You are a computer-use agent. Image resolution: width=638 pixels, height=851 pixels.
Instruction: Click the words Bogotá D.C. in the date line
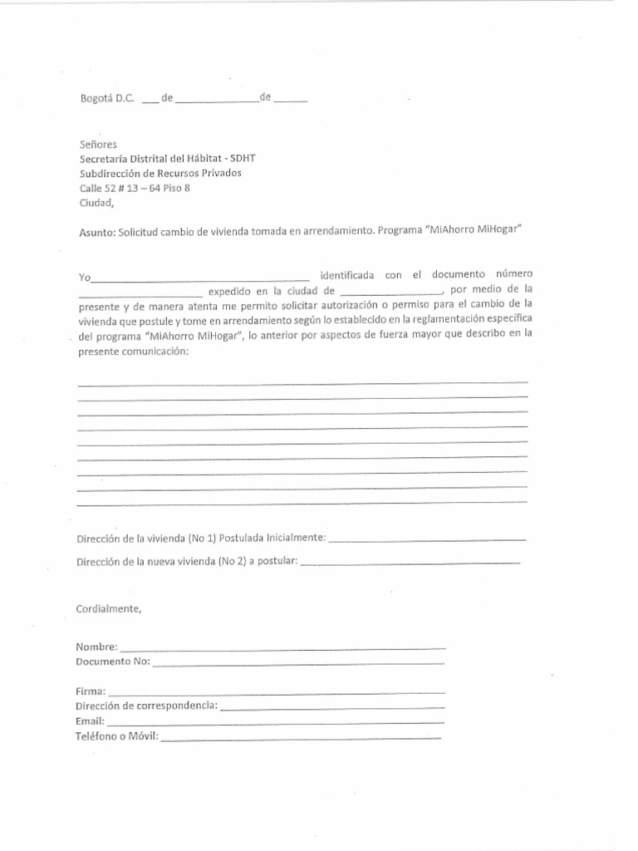tap(106, 98)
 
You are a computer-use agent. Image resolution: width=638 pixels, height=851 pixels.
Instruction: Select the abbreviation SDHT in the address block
tap(267, 158)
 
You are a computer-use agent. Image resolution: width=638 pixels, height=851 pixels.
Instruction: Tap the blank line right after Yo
tap(202, 278)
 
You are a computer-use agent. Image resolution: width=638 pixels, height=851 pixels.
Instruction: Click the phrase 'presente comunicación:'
tap(133, 351)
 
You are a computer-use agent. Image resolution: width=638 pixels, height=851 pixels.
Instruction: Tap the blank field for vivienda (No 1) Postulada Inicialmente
tap(428, 539)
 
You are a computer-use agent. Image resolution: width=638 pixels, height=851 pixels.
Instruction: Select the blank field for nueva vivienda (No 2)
tap(409, 563)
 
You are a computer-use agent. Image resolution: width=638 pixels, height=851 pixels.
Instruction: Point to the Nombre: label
tap(97, 647)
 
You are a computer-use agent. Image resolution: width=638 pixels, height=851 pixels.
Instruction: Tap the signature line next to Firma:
tap(277, 691)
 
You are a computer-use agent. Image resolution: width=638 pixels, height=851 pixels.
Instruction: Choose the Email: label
tap(91, 721)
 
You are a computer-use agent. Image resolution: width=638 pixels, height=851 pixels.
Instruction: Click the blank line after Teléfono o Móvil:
tap(301, 737)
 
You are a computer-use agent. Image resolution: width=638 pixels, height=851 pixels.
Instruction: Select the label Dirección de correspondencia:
tap(147, 706)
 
